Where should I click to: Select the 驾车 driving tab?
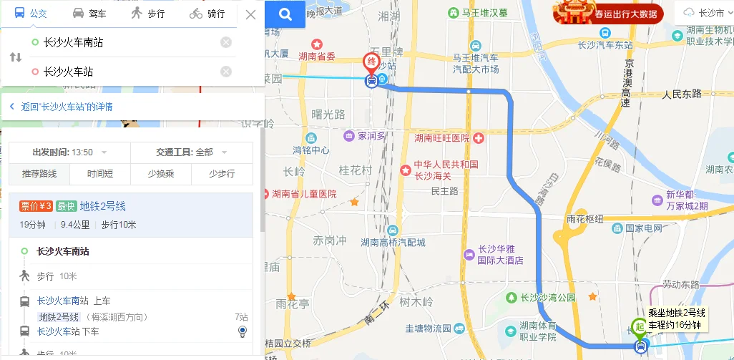[89, 14]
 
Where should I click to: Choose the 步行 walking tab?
[147, 14]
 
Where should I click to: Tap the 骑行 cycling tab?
[207, 14]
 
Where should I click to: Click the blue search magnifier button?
[285, 14]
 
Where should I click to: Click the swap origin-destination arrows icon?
[16, 57]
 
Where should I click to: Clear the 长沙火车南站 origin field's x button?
[226, 42]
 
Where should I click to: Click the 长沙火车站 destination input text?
[69, 72]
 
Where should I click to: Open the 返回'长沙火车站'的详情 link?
[66, 107]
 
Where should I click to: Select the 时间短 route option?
[100, 174]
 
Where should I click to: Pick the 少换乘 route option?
[161, 174]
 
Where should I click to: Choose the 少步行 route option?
[222, 174]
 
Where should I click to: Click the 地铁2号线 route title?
[103, 206]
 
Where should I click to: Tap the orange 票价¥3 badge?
[36, 206]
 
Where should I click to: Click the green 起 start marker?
[639, 326]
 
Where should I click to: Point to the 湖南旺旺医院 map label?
[442, 137]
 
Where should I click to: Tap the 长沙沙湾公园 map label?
[548, 297]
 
